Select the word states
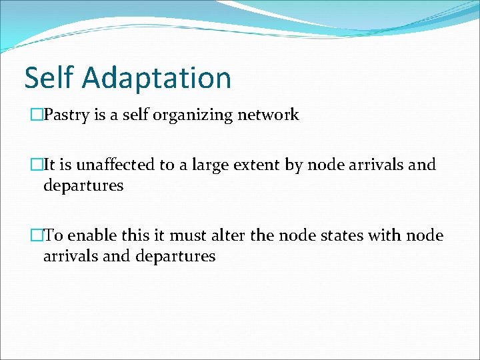pos(338,235)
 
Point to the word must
pos(185,235)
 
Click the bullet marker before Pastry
pos(37,115)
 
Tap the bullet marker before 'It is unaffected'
pos(37,165)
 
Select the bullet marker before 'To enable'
pos(37,235)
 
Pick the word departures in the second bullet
pos(83,185)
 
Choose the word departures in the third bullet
pos(175,256)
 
